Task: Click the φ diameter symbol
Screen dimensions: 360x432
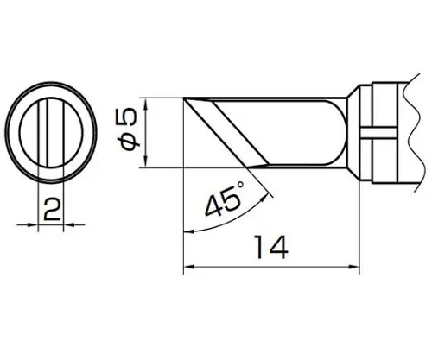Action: [130, 142]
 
